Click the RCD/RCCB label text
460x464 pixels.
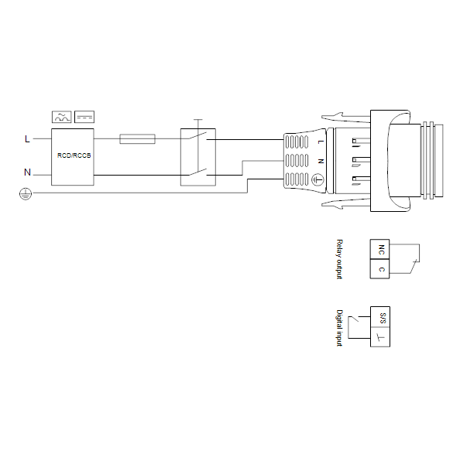point(74,155)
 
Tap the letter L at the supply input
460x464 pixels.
point(27,138)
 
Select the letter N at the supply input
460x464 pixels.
point(27,172)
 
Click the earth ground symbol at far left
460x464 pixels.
point(26,194)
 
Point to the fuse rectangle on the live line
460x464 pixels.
point(137,138)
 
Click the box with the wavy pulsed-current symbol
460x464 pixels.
point(62,117)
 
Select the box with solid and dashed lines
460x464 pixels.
point(84,117)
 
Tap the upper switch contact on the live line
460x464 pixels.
point(197,136)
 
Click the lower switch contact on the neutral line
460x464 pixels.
point(197,172)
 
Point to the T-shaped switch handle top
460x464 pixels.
point(198,120)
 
